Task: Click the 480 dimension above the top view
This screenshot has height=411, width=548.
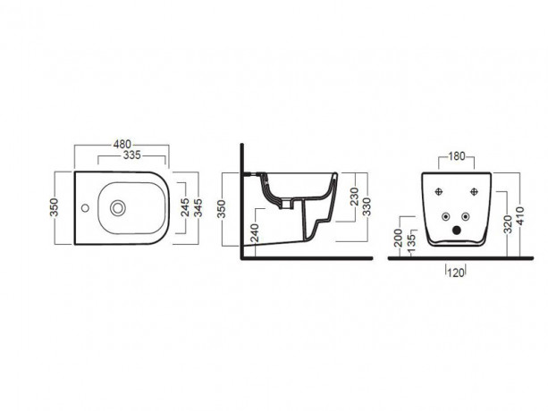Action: click(x=122, y=144)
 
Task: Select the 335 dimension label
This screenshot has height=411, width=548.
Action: click(x=131, y=155)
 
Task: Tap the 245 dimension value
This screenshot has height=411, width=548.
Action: click(x=185, y=207)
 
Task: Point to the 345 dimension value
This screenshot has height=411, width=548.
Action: click(x=198, y=207)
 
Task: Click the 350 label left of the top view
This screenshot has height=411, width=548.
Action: click(x=55, y=207)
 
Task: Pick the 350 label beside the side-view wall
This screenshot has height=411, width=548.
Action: click(x=222, y=209)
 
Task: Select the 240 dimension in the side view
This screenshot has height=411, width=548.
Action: click(x=255, y=233)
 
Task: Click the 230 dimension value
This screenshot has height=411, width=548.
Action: click(x=354, y=197)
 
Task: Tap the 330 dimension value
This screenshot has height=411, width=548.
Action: click(x=367, y=206)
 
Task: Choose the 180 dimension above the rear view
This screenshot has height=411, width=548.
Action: click(x=457, y=156)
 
